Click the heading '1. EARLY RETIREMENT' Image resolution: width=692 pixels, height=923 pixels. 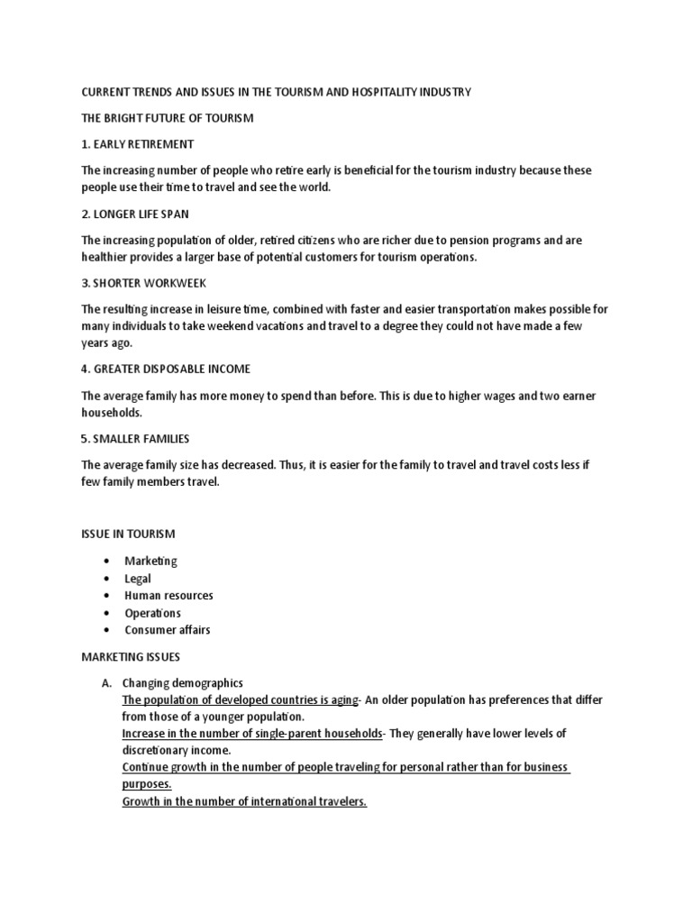click(x=137, y=144)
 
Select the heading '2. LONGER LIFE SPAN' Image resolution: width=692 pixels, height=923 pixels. click(x=135, y=214)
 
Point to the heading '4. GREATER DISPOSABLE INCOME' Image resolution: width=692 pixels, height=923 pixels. click(x=166, y=369)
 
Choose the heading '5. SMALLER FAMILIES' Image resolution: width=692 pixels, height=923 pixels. click(x=135, y=438)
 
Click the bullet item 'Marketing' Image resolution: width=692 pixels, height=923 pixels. click(x=150, y=562)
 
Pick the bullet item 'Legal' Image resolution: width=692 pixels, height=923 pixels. click(x=138, y=579)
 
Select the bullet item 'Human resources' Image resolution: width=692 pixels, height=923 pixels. click(x=168, y=596)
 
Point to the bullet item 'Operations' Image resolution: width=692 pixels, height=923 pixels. click(x=152, y=613)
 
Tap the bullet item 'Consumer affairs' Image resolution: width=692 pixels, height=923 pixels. click(x=167, y=630)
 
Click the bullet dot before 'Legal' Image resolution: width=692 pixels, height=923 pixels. click(x=107, y=579)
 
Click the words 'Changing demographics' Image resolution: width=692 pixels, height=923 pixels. click(x=183, y=682)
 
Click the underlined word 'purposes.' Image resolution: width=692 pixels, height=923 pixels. click(x=147, y=785)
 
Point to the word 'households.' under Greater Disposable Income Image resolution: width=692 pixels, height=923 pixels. click(x=112, y=412)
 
